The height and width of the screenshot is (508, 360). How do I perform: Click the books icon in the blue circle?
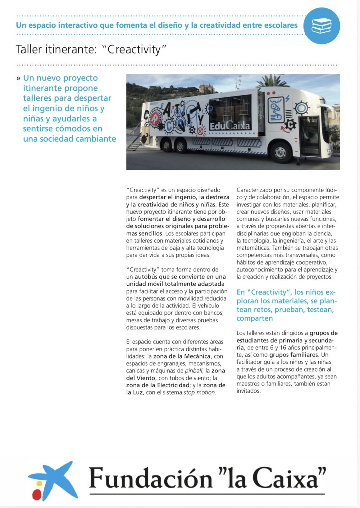tap(321, 26)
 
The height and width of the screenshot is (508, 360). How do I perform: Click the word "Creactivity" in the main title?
tap(134, 49)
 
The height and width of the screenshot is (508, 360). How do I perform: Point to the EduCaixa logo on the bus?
tap(230, 126)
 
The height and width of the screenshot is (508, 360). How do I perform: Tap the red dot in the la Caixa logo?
tap(37, 494)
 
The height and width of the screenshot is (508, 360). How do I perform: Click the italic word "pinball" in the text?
tap(193, 371)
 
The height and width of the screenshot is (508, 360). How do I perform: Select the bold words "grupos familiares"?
tap(294, 355)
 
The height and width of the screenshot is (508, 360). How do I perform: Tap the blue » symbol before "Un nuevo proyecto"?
tap(18, 78)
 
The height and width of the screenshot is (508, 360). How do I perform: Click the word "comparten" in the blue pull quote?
tap(254, 318)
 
